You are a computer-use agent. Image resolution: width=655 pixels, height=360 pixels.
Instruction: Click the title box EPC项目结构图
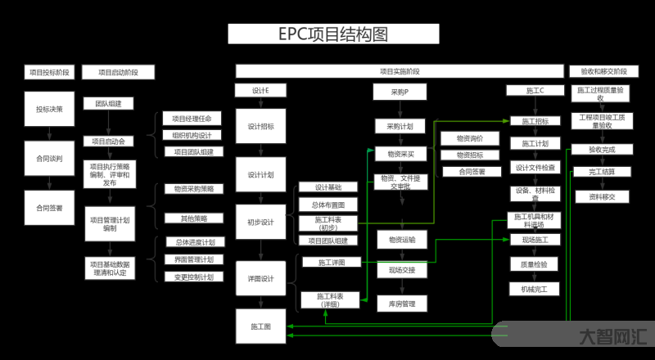332,34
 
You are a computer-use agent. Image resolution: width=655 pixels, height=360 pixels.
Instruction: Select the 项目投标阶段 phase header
47,72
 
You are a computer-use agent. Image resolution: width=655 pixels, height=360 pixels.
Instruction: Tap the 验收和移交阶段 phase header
603,71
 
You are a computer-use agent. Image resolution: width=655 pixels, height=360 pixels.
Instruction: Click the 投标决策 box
49,108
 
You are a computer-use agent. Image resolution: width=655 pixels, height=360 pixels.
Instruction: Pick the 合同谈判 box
49,157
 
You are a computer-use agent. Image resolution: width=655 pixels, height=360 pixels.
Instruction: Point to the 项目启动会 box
108,142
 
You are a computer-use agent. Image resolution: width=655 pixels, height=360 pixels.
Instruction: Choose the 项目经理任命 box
192,119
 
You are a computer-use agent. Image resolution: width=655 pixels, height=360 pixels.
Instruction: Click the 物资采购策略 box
193,189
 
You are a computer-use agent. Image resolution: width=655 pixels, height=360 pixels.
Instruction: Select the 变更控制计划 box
194,277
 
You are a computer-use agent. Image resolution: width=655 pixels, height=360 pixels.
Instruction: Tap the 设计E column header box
261,90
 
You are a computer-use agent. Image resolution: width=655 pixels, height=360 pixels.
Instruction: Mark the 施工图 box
261,326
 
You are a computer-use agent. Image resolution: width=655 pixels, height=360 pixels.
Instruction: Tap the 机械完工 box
535,289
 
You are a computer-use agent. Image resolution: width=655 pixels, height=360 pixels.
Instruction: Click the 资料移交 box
602,196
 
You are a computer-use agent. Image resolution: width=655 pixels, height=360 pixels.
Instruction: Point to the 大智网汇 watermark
612,335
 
